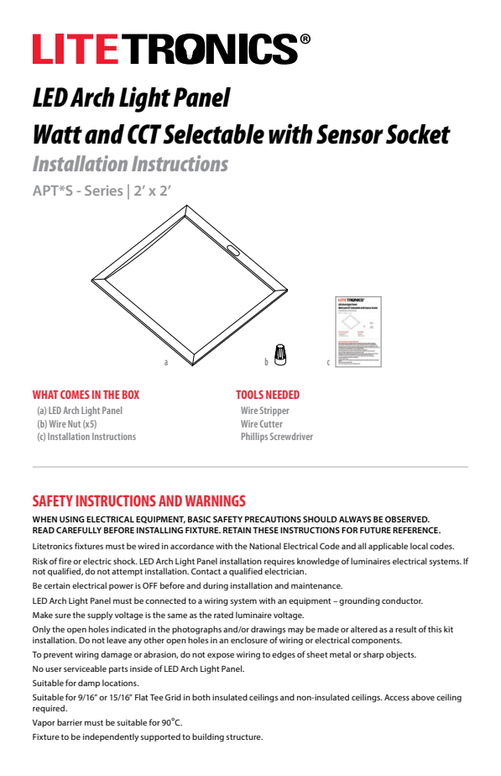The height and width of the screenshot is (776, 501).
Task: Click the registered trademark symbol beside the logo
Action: pos(305,39)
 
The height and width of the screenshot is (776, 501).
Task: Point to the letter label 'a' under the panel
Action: pos(166,362)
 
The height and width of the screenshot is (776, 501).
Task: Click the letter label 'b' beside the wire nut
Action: pos(266,362)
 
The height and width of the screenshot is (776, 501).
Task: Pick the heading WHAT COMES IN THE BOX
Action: pos(86,395)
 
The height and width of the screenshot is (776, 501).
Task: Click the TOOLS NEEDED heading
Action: pos(267,395)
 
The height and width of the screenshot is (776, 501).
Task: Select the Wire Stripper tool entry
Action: pos(264,411)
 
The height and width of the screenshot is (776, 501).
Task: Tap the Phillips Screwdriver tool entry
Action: pos(276,437)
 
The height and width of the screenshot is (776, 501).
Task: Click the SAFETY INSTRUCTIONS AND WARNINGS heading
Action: pos(138,501)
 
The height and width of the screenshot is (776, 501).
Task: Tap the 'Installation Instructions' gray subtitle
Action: pos(130,164)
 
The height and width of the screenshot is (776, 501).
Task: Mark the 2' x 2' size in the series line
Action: pos(153,191)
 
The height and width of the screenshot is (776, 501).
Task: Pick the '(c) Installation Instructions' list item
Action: pos(86,437)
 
